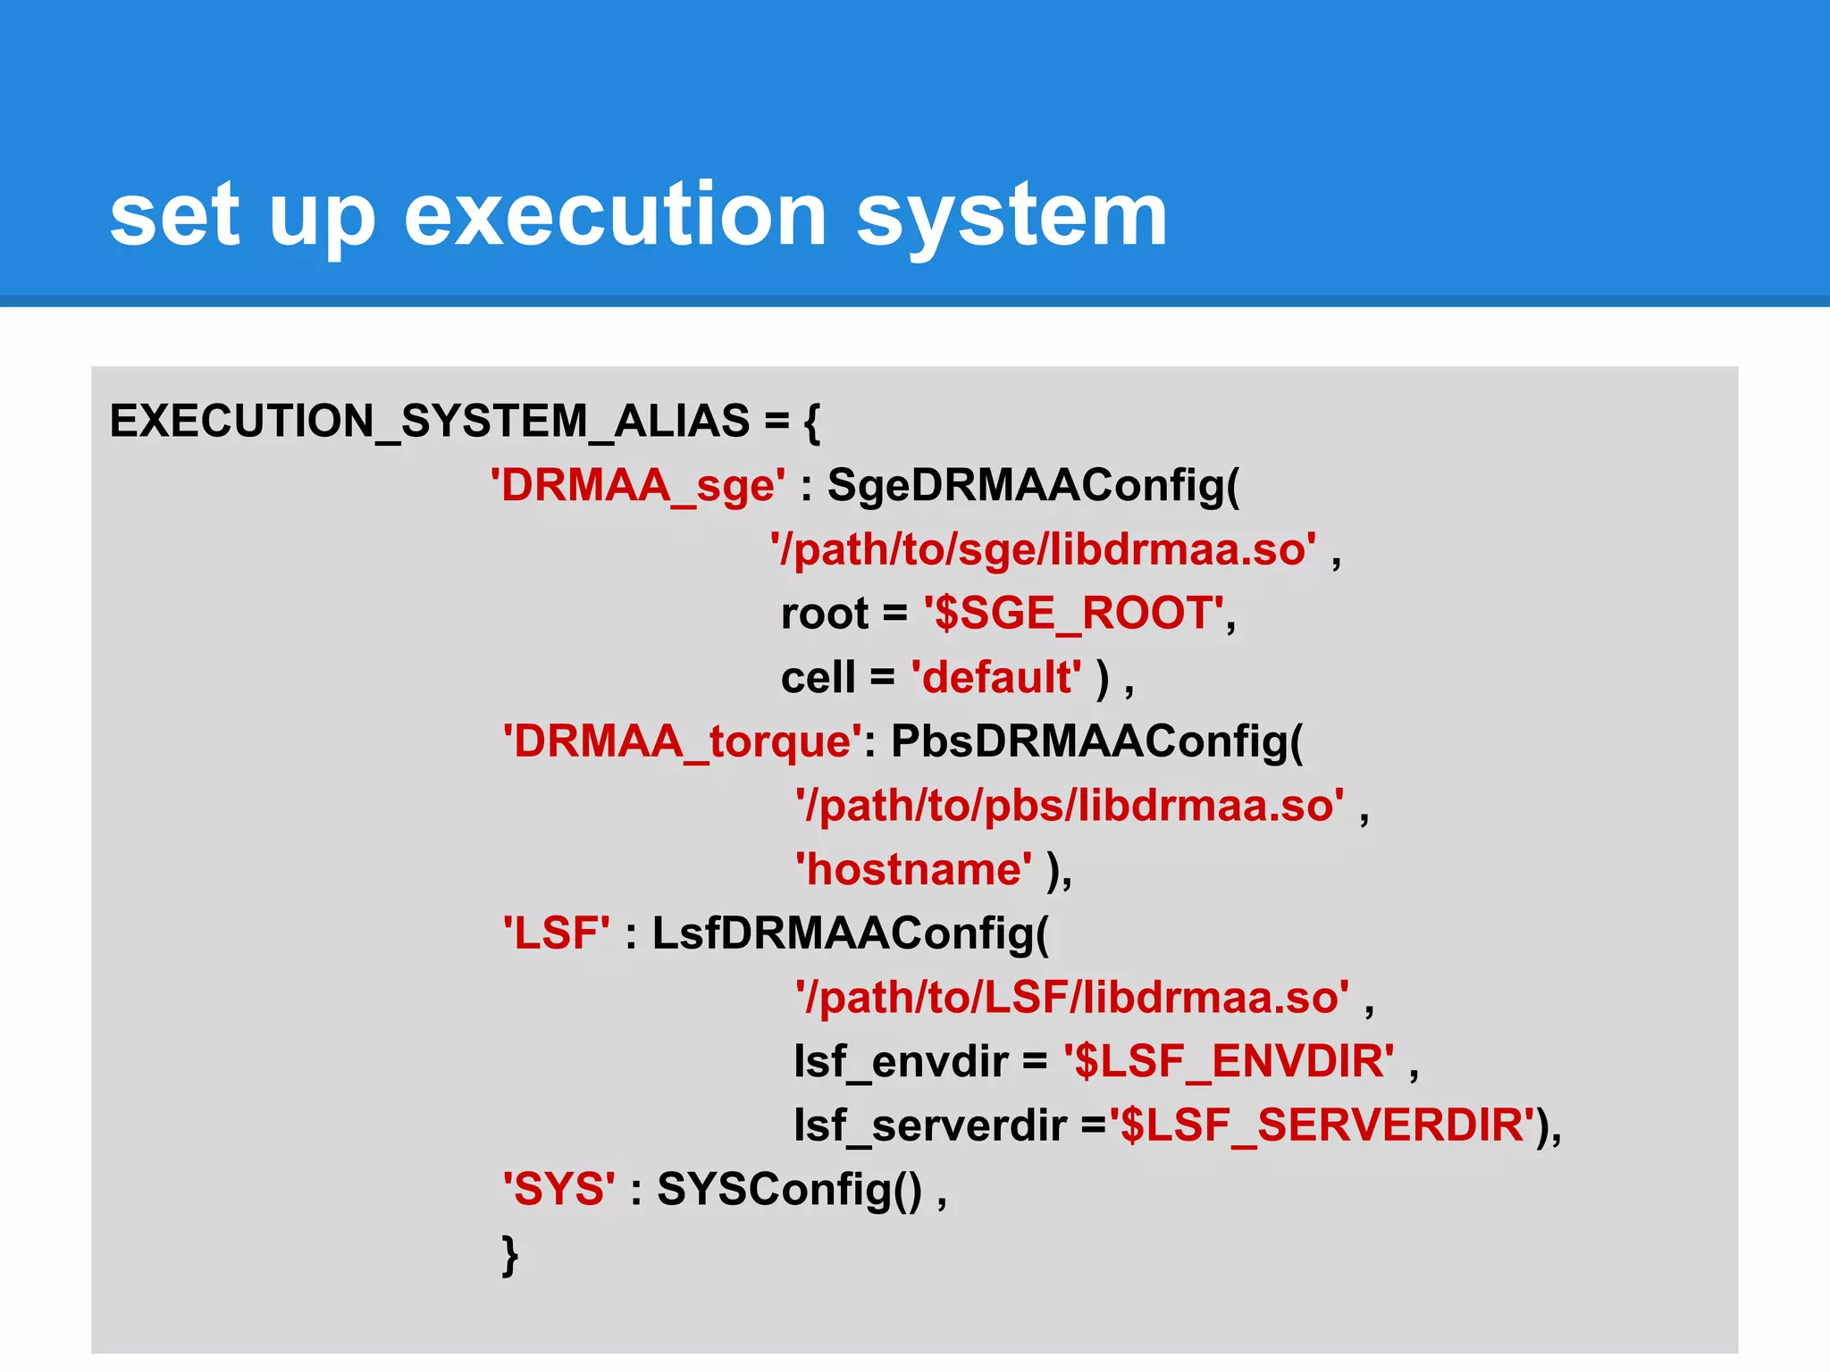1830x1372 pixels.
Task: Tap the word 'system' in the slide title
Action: click(x=1012, y=217)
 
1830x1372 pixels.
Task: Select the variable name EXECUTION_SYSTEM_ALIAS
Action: click(x=429, y=421)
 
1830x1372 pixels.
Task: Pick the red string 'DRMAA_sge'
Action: click(x=638, y=486)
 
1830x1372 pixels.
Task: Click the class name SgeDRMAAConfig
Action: click(x=1033, y=486)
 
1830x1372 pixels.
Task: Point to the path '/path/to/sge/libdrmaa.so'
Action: click(x=1043, y=549)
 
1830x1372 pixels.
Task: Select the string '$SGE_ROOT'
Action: click(x=1074, y=614)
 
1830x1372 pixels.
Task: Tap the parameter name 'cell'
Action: click(x=818, y=677)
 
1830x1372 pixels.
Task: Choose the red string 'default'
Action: click(x=996, y=677)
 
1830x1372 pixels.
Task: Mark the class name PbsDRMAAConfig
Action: click(x=1096, y=741)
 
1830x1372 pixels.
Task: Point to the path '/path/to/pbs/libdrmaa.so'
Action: click(x=1070, y=806)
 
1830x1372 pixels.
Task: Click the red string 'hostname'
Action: click(x=913, y=869)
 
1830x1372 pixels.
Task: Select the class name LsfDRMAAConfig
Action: click(x=850, y=933)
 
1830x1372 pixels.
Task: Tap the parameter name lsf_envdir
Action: click(x=901, y=1062)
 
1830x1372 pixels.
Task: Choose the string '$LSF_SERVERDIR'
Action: click(x=1322, y=1125)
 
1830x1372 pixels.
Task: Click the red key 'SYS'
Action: click(x=559, y=1190)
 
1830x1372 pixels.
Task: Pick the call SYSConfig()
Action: click(x=789, y=1190)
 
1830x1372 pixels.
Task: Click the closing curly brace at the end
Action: click(x=509, y=1255)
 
